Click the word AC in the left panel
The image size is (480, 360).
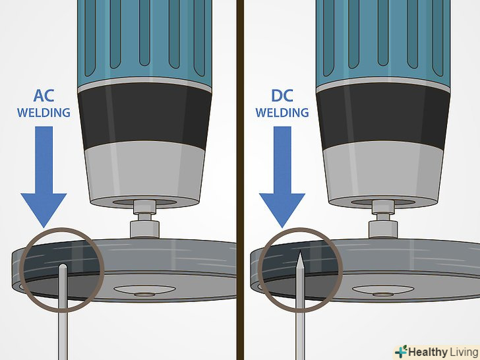tap(44, 96)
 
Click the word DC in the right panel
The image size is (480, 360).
tap(282, 96)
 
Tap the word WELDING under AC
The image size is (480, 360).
tap(44, 113)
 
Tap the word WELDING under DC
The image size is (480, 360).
tap(282, 113)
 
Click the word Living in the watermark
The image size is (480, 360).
tap(461, 351)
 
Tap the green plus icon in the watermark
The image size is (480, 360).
tap(400, 351)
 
